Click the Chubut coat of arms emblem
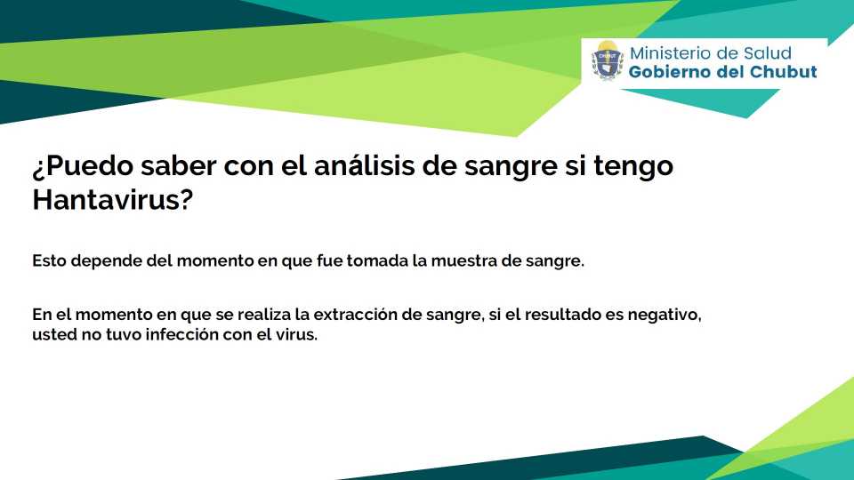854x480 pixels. pos(608,60)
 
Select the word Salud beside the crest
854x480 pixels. pos(767,53)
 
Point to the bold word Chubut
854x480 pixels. pos(784,72)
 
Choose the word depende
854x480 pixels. pos(106,261)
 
